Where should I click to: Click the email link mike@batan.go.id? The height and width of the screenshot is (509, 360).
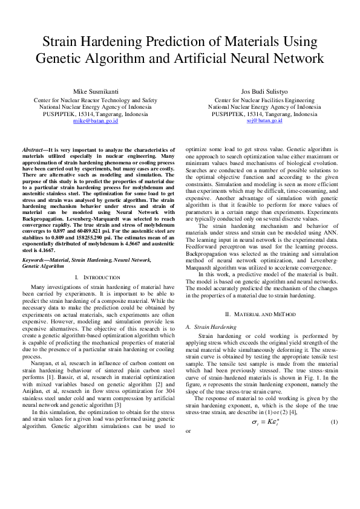pyautogui.click(x=95, y=121)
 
